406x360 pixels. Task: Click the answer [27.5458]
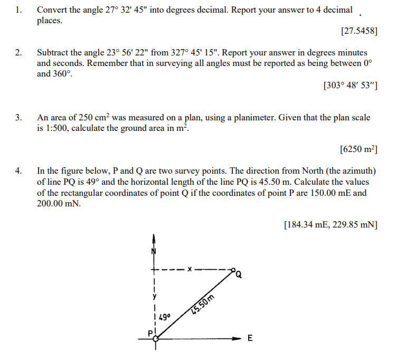point(359,31)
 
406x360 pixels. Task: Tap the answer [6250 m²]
point(358,149)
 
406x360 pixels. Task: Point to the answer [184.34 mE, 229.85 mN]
point(331,225)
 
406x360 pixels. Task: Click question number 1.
point(18,10)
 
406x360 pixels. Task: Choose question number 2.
point(18,53)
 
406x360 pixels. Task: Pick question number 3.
point(18,117)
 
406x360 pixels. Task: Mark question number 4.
point(18,170)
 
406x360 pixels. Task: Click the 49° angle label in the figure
point(164,317)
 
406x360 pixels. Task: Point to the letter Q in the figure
point(239,274)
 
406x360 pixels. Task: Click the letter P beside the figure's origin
point(149,333)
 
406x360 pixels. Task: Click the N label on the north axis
point(154,251)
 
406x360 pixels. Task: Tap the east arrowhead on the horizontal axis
point(239,339)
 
